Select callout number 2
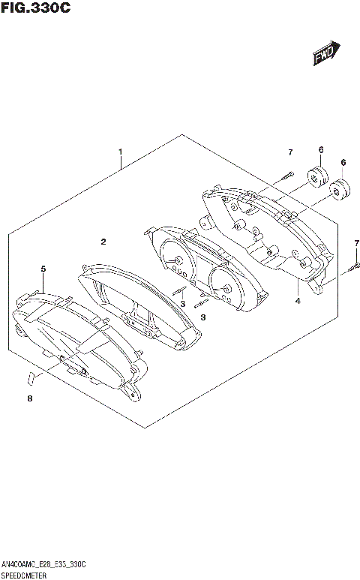103,242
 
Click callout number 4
298,301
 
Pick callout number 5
43,268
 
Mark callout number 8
30,398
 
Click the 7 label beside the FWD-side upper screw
289,153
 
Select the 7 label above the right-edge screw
357,242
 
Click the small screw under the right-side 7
355,267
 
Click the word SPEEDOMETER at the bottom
22,574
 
